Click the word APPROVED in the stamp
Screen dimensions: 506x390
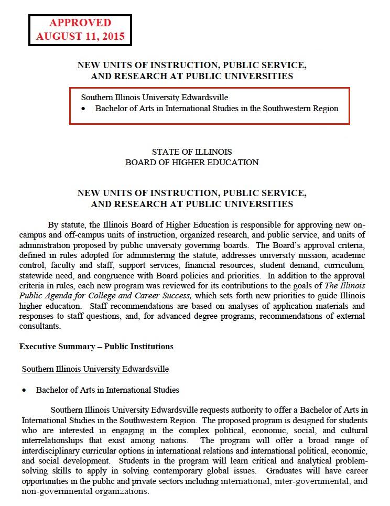pos(80,23)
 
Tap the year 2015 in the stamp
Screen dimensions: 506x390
pos(112,37)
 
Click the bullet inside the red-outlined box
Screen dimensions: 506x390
pos(83,109)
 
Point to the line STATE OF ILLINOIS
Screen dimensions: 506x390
pos(191,152)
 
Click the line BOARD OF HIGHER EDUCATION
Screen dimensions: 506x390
pos(191,163)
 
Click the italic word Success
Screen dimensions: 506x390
pos(175,295)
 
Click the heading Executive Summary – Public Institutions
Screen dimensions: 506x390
pos(96,347)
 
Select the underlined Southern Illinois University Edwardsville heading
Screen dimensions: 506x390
pos(95,369)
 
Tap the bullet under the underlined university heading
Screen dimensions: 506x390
pos(24,391)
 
